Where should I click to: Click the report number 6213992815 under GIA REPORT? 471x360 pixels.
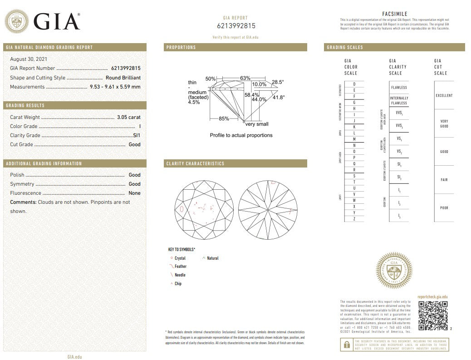[236, 26]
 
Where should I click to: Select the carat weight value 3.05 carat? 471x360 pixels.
[128, 117]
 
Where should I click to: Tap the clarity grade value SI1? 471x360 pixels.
[137, 135]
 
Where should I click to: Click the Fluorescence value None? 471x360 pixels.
[134, 193]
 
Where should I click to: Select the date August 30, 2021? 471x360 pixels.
[29, 59]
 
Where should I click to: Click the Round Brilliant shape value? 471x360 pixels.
[123, 78]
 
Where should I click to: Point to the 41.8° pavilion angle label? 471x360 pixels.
[278, 97]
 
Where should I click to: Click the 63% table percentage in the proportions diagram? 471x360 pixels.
[245, 78]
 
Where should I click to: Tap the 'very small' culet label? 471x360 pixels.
[257, 124]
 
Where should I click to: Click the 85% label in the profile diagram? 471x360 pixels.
[224, 118]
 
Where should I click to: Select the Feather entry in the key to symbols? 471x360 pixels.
[180, 266]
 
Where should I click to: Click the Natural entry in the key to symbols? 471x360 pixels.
[212, 258]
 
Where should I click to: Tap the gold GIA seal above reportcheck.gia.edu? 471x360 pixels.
[394, 271]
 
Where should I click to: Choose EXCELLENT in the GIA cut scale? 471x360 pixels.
[444, 95]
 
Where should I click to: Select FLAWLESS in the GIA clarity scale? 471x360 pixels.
[399, 87]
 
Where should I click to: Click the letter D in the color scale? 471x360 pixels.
[354, 84]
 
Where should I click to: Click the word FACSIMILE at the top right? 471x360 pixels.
[394, 14]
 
